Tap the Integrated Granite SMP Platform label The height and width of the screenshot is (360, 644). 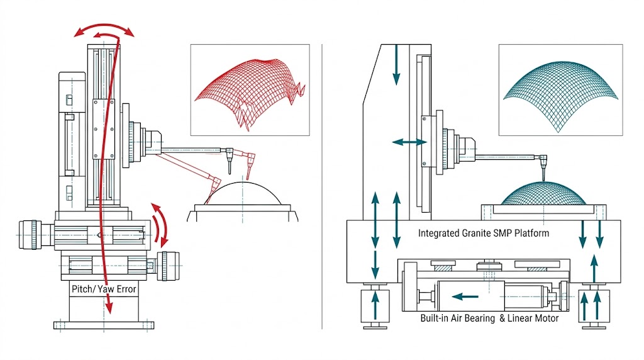pyautogui.click(x=484, y=233)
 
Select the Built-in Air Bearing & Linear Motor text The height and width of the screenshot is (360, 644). pyautogui.click(x=489, y=318)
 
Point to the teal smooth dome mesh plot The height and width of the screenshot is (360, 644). pyautogui.click(x=560, y=89)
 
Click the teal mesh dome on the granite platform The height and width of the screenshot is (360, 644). pyautogui.click(x=543, y=193)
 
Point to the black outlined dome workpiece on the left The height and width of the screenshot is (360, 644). pyautogui.click(x=243, y=195)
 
